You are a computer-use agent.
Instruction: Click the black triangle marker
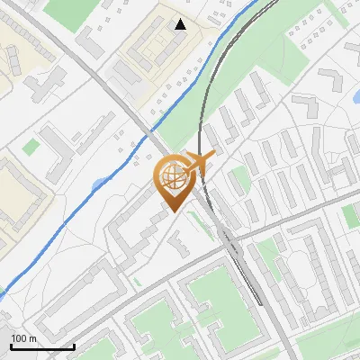pos(181,24)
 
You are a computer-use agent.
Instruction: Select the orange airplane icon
pos(199,163)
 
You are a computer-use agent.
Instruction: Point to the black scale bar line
pos(42,346)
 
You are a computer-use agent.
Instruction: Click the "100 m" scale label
pos(24,338)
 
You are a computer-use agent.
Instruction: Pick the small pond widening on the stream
pos(96,185)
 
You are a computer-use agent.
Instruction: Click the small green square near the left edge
pos(31,146)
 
